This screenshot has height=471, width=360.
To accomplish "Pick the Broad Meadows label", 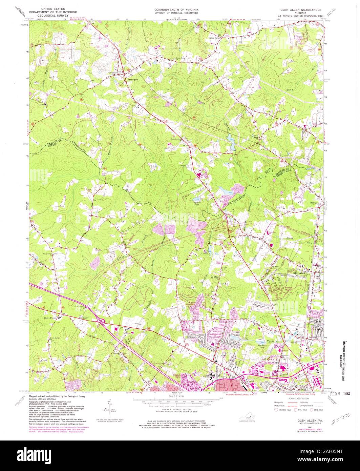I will tap(194, 304).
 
